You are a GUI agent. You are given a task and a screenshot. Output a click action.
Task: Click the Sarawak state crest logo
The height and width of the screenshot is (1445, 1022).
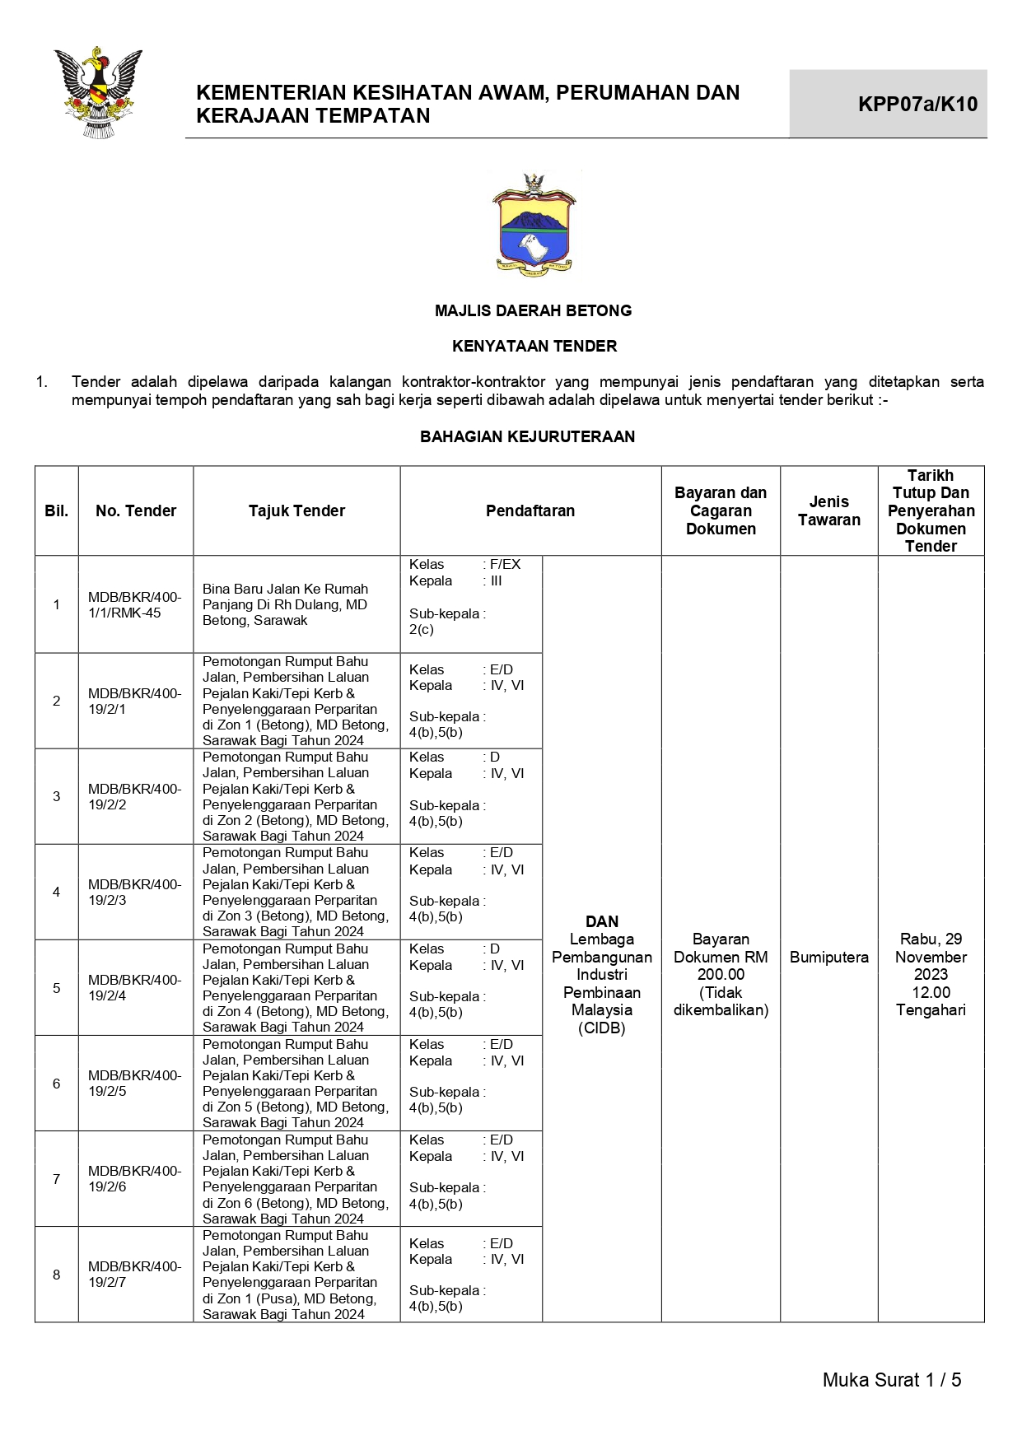point(98,92)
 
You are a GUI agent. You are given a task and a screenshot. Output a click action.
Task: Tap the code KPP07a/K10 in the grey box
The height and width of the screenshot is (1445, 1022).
point(917,104)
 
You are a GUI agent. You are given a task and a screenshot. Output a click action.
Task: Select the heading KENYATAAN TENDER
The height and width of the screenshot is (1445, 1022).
point(534,346)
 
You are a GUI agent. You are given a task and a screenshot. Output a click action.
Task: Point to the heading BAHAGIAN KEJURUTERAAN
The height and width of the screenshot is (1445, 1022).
point(527,436)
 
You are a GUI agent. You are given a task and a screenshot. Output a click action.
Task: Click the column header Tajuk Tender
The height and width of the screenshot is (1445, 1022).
point(296,510)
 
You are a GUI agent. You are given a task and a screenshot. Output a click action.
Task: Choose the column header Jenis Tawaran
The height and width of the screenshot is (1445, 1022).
point(828,510)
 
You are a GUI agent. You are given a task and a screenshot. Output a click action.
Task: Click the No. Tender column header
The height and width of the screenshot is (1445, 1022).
point(136,510)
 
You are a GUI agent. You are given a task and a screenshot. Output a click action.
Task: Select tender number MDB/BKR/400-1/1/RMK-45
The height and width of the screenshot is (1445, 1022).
point(134,604)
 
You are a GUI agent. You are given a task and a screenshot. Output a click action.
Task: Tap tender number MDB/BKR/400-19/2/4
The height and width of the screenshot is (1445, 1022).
point(134,987)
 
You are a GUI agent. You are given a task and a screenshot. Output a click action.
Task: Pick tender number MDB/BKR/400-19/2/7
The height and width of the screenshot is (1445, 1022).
point(134,1274)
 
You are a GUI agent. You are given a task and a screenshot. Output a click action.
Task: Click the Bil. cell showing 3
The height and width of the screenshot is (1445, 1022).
point(56,796)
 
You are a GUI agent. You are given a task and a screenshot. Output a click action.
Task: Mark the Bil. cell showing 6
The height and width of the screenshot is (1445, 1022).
point(56,1083)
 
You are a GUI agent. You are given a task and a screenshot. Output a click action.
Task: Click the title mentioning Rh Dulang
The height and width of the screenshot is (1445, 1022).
point(285,604)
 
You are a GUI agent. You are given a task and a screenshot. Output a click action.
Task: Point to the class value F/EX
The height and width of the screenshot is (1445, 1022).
point(505,564)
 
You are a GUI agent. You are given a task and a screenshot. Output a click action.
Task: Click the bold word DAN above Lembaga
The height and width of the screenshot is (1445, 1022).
point(601,921)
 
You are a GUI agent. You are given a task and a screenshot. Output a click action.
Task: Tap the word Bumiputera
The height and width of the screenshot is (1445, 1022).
point(828,957)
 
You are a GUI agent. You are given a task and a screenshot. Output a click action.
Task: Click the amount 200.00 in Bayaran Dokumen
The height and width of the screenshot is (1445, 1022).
point(721,974)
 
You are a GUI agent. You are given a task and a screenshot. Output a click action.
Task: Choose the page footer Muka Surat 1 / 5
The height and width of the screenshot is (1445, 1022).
point(891,1380)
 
